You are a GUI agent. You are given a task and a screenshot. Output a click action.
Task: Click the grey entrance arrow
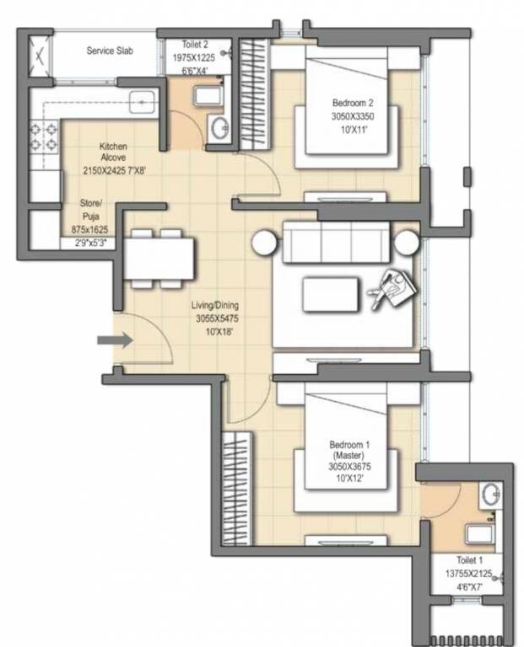(113, 340)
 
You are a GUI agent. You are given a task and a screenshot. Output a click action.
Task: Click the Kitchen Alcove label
(113, 151)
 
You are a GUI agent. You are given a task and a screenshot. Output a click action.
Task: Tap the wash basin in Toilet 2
(219, 129)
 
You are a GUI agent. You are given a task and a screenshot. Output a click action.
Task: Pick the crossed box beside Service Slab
(39, 56)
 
